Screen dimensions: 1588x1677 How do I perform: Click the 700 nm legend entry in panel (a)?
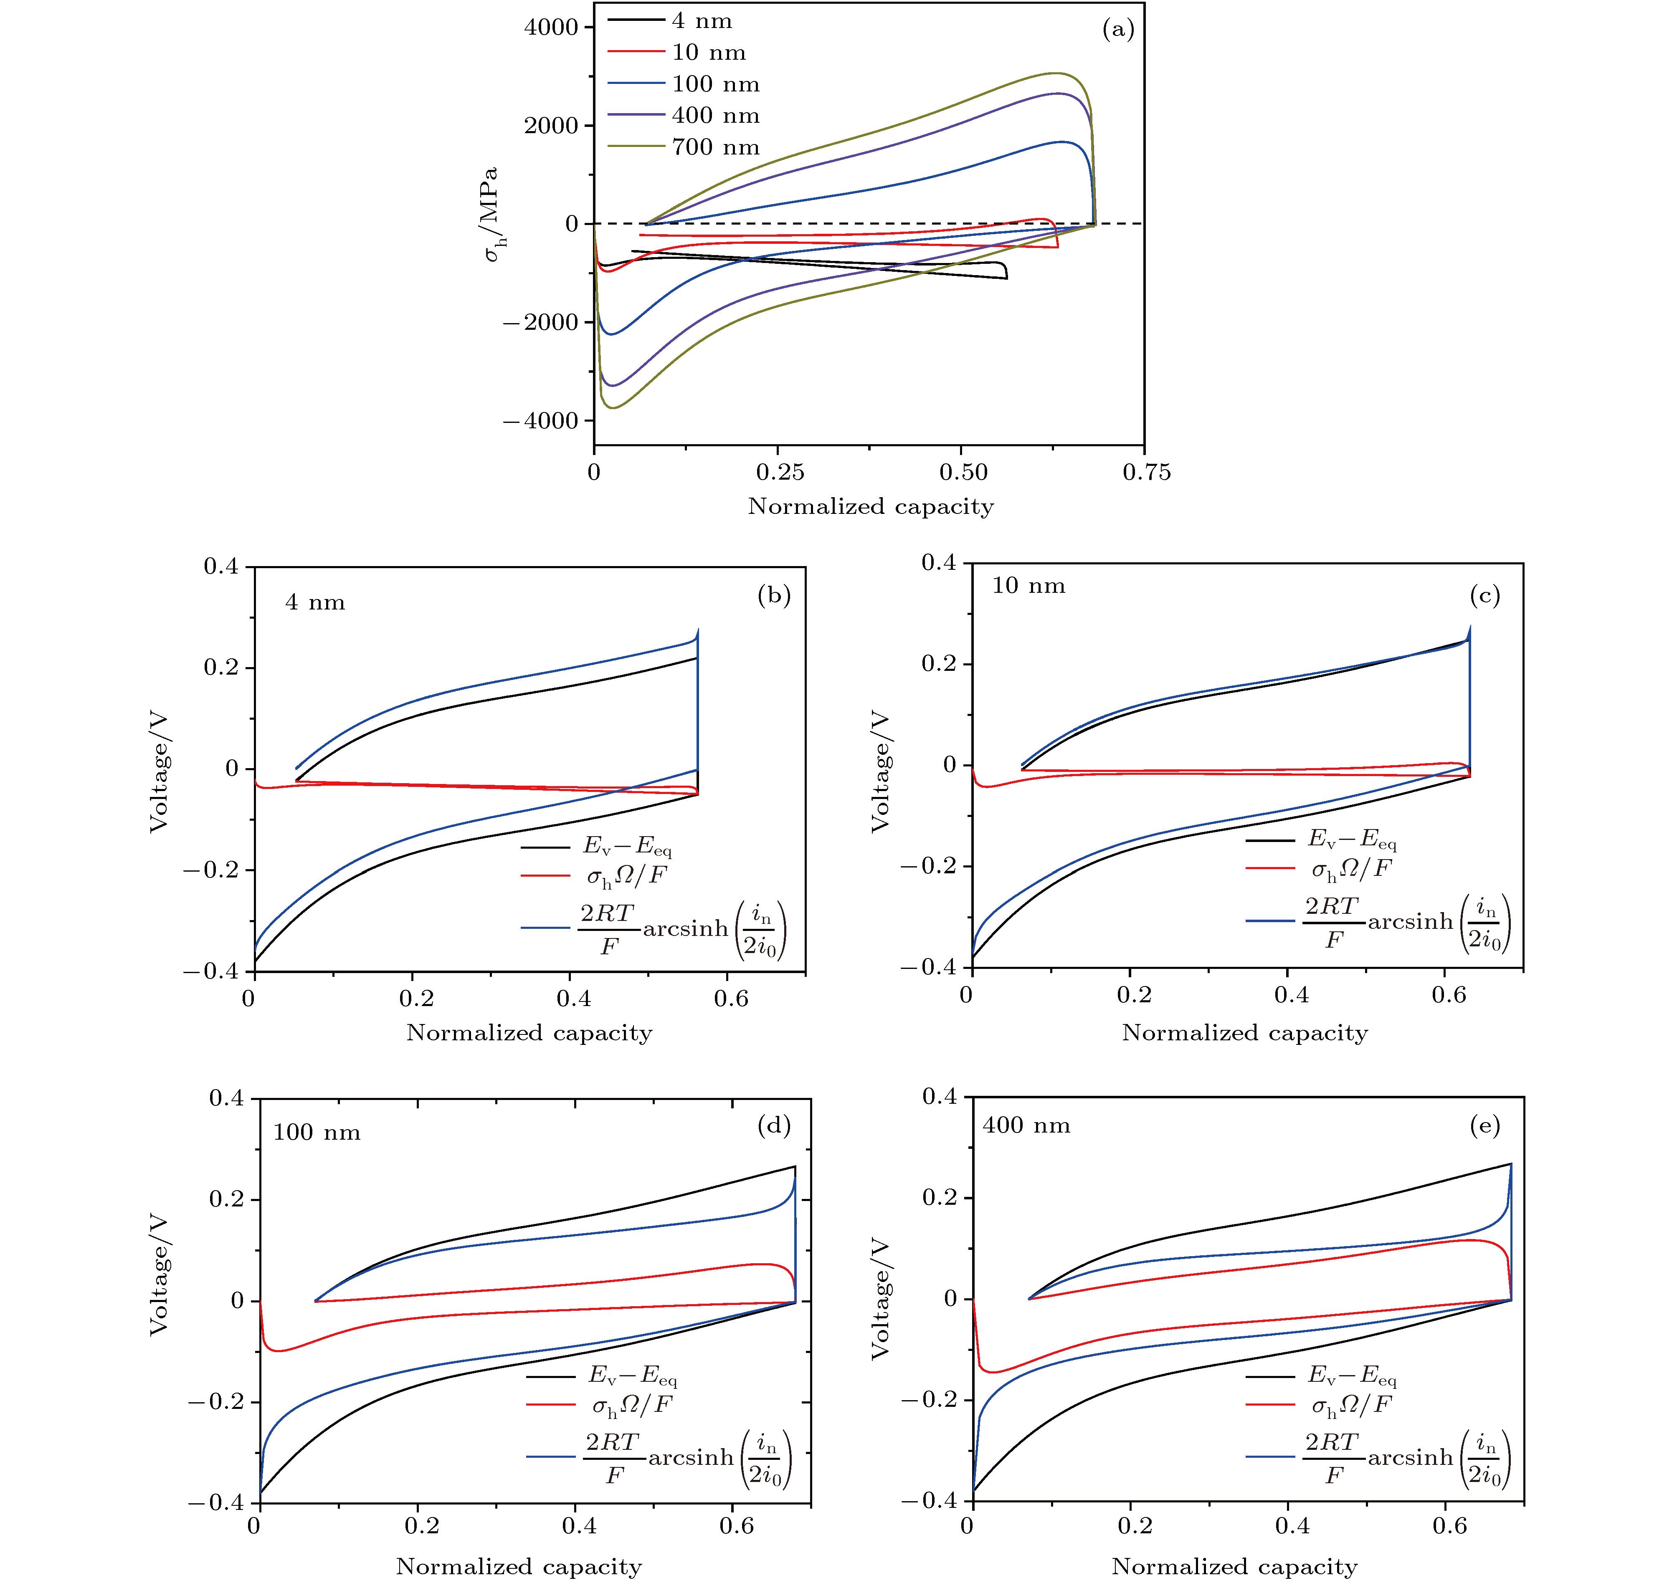pyautogui.click(x=715, y=147)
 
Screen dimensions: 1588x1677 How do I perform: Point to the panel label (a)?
pyautogui.click(x=1117, y=30)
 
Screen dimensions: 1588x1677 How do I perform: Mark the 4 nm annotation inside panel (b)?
pyautogui.click(x=315, y=603)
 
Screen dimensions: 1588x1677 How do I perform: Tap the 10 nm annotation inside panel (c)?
pyautogui.click(x=1028, y=586)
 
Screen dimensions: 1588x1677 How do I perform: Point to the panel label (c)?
pyautogui.click(x=1485, y=596)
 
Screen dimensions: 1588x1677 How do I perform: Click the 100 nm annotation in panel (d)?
pyautogui.click(x=317, y=1133)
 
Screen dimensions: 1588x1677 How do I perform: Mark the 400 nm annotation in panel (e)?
pyautogui.click(x=1026, y=1126)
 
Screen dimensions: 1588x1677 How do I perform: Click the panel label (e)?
pyautogui.click(x=1485, y=1126)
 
